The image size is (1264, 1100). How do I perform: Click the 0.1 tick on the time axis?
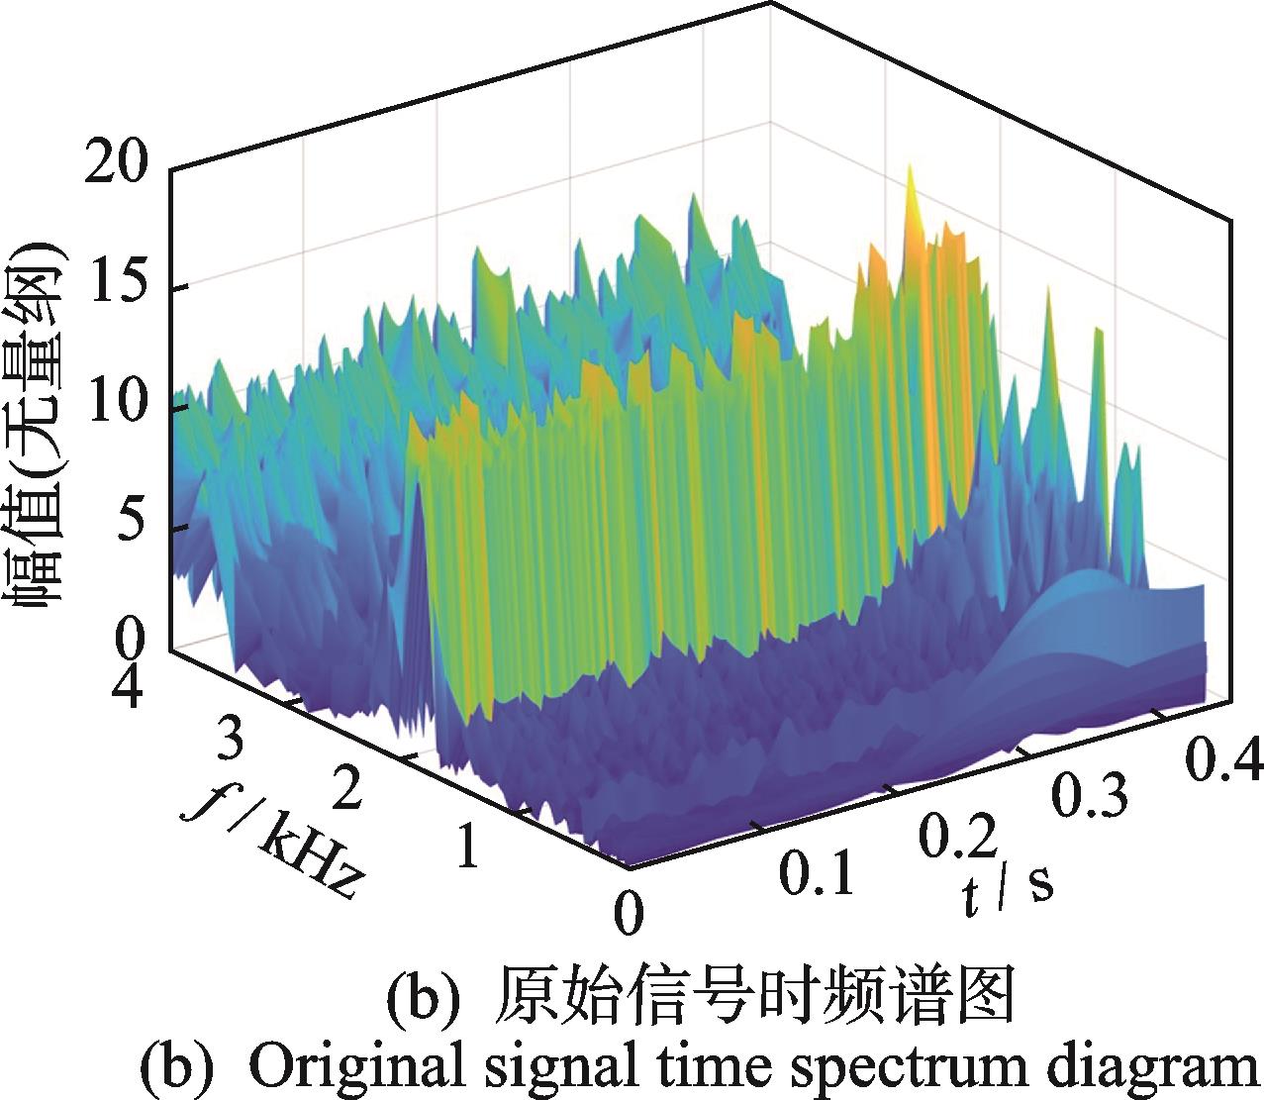pos(816,874)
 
